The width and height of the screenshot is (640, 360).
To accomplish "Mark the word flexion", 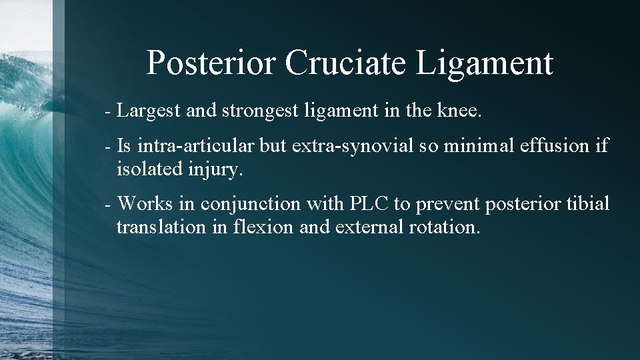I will click(x=263, y=227).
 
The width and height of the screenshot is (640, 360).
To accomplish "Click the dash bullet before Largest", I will click(x=109, y=111).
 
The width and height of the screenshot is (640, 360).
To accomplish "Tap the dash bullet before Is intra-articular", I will click(x=109, y=145).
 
